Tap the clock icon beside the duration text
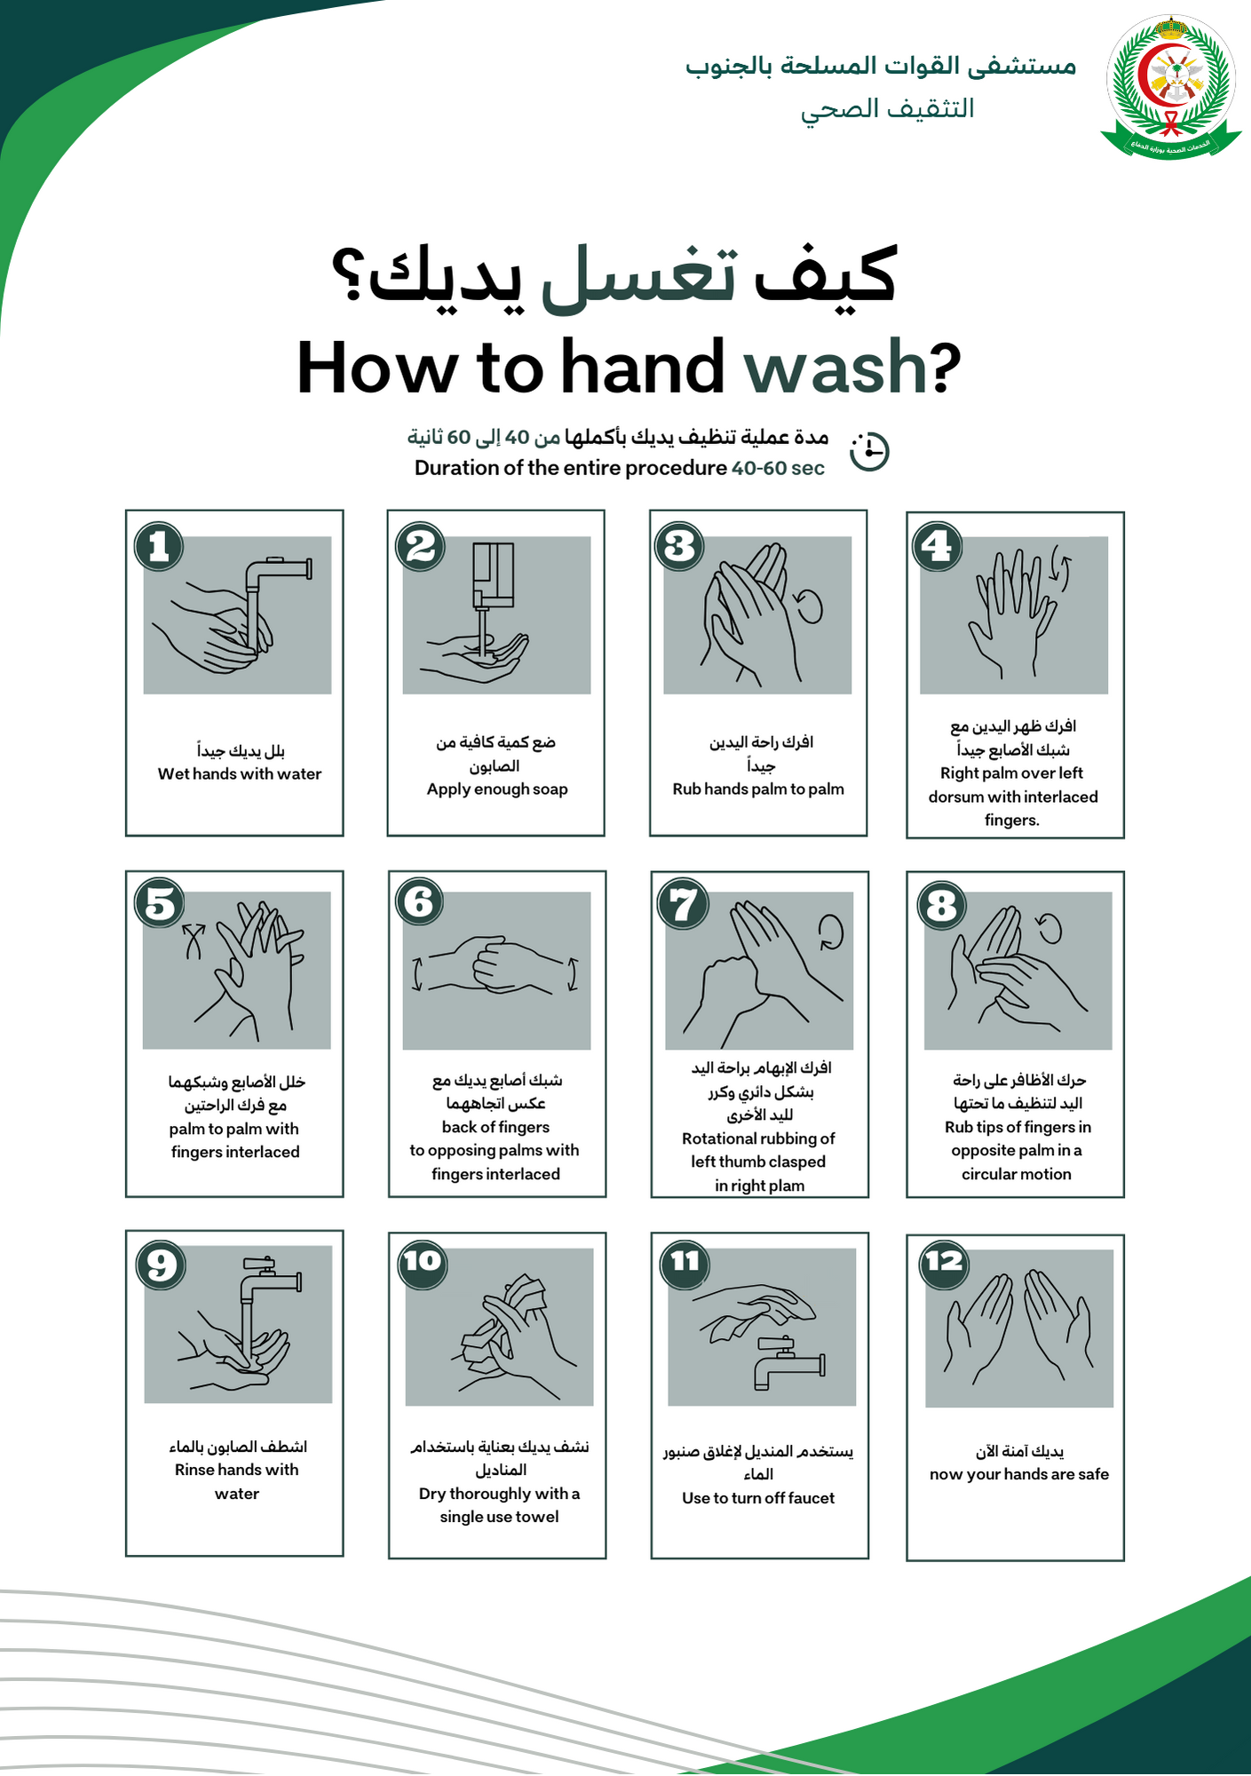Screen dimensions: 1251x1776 pos(869,451)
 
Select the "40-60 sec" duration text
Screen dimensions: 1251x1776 pos(778,468)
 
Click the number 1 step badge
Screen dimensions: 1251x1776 pos(159,546)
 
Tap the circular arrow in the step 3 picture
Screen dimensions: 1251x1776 pos(809,607)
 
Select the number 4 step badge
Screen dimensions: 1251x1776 pos(938,546)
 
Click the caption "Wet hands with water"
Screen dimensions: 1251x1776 pos(240,773)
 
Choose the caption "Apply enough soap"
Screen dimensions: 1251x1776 pos(497,789)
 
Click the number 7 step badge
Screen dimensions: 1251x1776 pos(683,905)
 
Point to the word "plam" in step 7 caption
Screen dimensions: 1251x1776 pos(787,1185)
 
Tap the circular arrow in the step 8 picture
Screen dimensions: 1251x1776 pos(1050,928)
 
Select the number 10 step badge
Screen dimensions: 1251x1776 pos(423,1262)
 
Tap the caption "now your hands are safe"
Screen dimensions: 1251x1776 pos(1019,1474)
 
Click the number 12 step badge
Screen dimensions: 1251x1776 pos(943,1262)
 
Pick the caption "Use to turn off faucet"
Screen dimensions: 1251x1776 pos(758,1498)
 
